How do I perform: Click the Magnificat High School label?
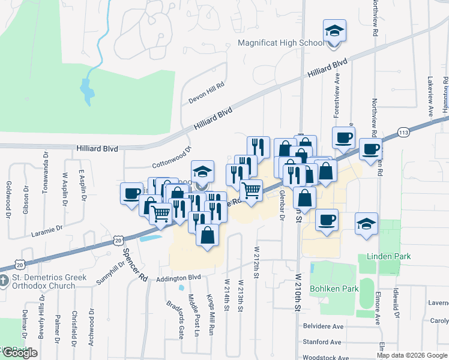pyautogui.click(x=281, y=43)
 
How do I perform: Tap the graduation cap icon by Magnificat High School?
pyautogui.click(x=334, y=31)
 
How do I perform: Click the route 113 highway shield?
pyautogui.click(x=403, y=131)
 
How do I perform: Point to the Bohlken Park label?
pyautogui.click(x=333, y=289)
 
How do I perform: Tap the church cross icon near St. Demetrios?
pyautogui.click(x=4, y=279)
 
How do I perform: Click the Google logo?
pyautogui.click(x=20, y=353)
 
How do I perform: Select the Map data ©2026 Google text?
pyautogui.click(x=411, y=355)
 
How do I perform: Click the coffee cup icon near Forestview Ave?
pyautogui.click(x=343, y=137)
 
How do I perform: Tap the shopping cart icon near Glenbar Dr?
pyautogui.click(x=251, y=190)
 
